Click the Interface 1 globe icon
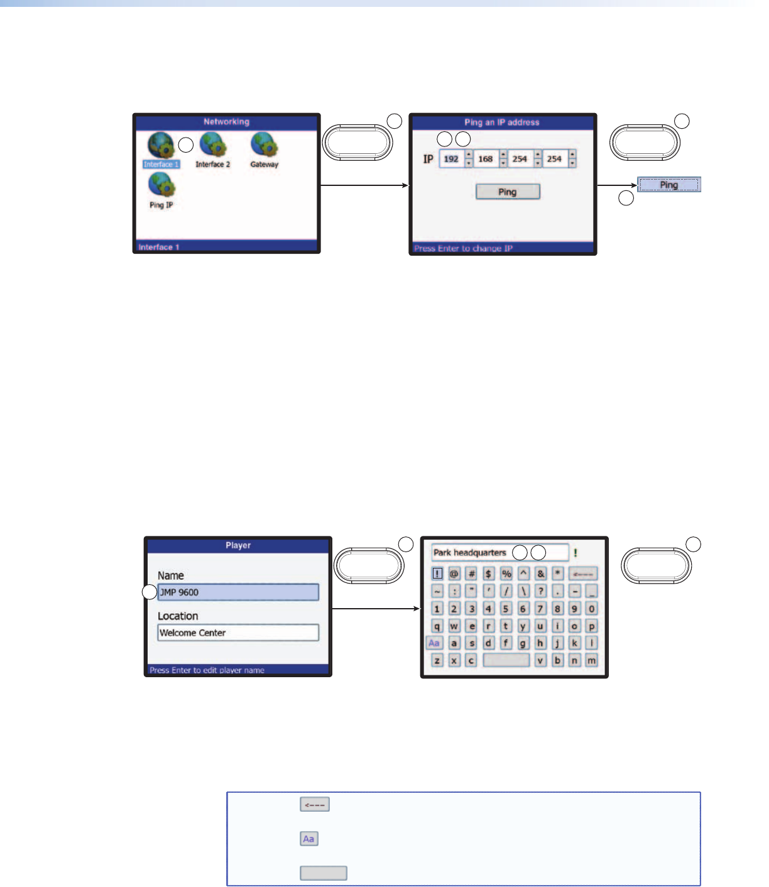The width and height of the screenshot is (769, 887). click(160, 145)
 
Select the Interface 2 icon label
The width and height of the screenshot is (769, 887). click(212, 165)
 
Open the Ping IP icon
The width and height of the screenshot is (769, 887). click(161, 186)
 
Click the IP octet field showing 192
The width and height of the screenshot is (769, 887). click(451, 159)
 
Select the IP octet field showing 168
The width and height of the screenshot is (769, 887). click(486, 159)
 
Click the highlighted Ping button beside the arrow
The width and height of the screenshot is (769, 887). click(668, 185)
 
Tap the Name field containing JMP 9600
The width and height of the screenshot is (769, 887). click(238, 592)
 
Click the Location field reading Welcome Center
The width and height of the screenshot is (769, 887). click(238, 633)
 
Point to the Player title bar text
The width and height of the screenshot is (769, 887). click(238, 545)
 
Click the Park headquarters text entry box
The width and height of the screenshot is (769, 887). click(500, 553)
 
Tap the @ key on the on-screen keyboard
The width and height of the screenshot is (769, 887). click(454, 574)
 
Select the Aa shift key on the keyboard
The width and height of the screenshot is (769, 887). click(434, 643)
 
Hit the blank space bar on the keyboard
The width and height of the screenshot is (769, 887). click(506, 660)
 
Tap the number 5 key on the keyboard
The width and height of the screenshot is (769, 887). click(505, 609)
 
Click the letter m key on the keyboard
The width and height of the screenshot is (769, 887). click(591, 660)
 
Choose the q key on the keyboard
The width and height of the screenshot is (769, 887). click(437, 626)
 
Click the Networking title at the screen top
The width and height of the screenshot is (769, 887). click(226, 122)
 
